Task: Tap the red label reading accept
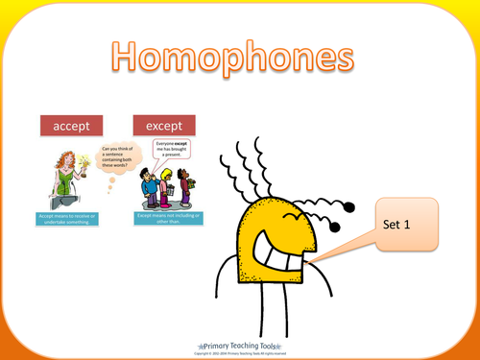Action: pyautogui.click(x=75, y=126)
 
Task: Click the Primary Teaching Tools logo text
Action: pyautogui.click(x=240, y=342)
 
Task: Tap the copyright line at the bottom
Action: pyautogui.click(x=240, y=351)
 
